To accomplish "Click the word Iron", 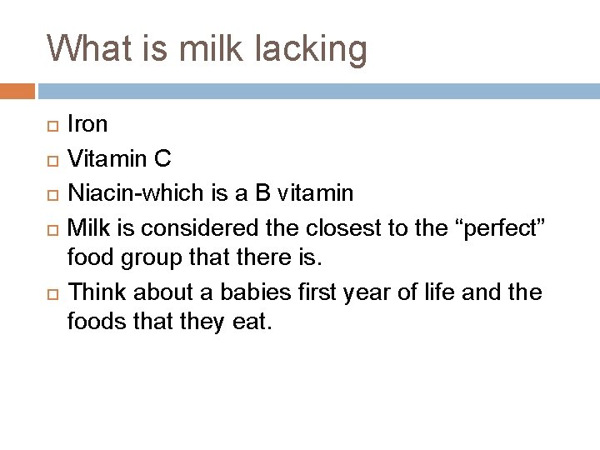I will coord(87,124).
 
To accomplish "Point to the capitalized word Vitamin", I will coord(106,159).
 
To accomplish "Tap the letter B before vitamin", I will coord(263,194).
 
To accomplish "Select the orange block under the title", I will coord(17,90).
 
